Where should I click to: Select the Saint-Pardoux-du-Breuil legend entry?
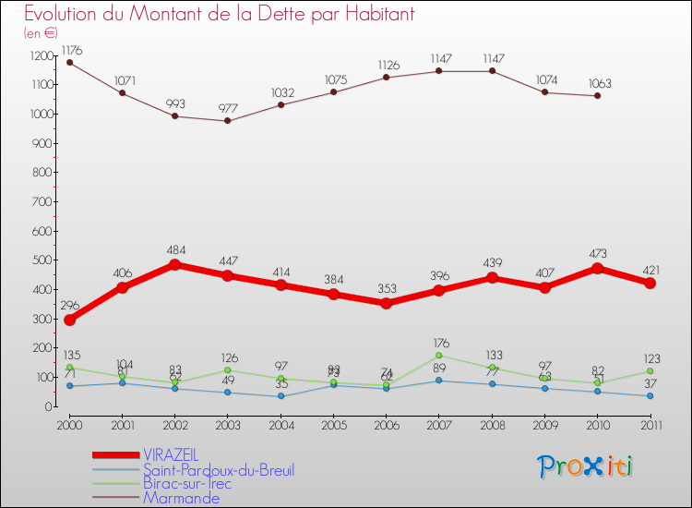click(218, 470)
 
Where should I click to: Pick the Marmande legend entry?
click(181, 498)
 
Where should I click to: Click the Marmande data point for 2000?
click(69, 62)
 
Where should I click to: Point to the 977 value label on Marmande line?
click(227, 108)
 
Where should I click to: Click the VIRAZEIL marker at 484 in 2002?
click(174, 264)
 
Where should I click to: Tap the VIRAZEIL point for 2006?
click(386, 303)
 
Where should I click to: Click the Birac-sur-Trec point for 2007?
click(438, 355)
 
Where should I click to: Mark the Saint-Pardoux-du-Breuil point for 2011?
click(650, 395)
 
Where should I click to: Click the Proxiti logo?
click(586, 466)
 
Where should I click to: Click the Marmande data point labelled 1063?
click(597, 95)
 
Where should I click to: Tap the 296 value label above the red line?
click(69, 306)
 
